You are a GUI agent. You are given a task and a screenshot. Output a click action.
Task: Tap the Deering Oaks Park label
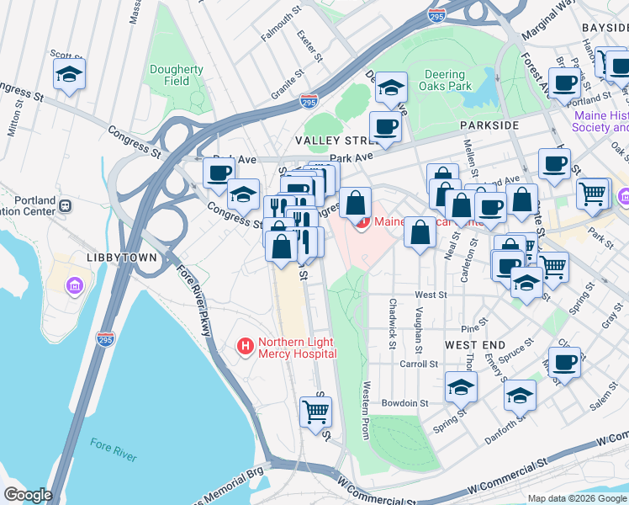point(444,80)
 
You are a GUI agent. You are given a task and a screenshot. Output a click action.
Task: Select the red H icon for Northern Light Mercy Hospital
point(246,345)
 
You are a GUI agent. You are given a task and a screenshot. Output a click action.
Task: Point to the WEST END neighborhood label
point(474,346)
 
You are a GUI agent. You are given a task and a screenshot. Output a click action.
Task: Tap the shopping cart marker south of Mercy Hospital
point(316,412)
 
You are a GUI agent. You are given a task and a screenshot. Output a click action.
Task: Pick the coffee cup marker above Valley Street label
point(385,126)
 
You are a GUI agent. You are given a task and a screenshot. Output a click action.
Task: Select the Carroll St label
point(420,364)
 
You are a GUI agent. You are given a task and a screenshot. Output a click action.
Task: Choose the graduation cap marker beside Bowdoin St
point(461,387)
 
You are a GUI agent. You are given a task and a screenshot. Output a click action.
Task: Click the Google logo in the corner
point(28,495)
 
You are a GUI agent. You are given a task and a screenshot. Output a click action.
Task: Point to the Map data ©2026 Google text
point(577,498)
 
